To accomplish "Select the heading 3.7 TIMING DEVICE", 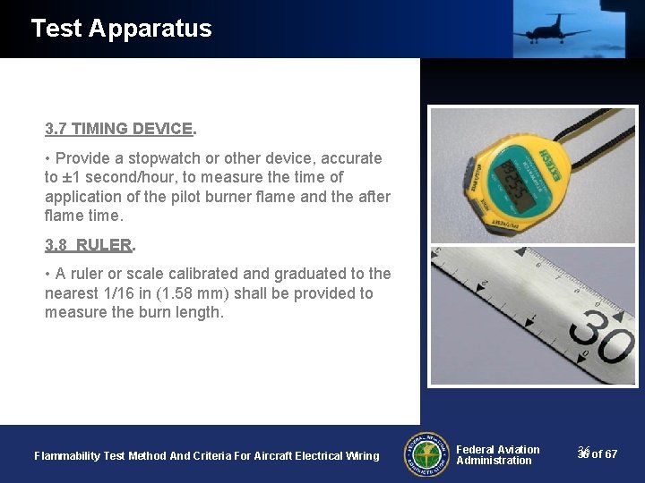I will coord(120,129).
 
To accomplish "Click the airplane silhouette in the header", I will coord(549,29).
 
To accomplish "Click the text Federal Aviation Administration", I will coord(497,455).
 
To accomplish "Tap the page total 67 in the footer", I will coord(610,454).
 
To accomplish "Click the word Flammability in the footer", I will coord(67,456).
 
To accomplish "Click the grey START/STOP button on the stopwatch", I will coord(467,170).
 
